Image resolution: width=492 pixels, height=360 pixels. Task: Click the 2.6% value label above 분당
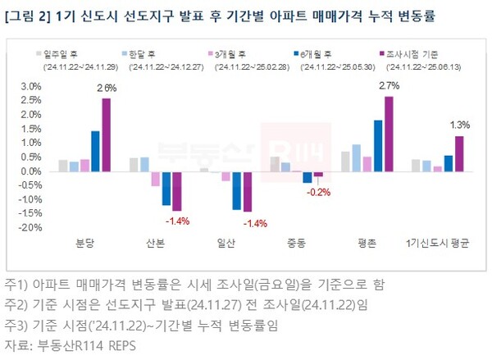(x=106, y=88)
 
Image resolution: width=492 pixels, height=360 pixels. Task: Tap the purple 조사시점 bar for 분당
(x=106, y=135)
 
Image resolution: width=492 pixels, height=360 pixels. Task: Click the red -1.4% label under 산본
(x=178, y=221)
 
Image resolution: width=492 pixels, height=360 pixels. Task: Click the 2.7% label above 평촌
(x=389, y=85)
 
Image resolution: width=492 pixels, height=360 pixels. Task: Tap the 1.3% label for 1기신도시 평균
(x=460, y=125)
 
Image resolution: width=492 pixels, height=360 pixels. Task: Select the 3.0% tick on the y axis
(x=32, y=87)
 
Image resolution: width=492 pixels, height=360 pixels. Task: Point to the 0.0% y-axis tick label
(x=32, y=171)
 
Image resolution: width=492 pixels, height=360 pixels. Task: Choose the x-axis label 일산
(x=224, y=244)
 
